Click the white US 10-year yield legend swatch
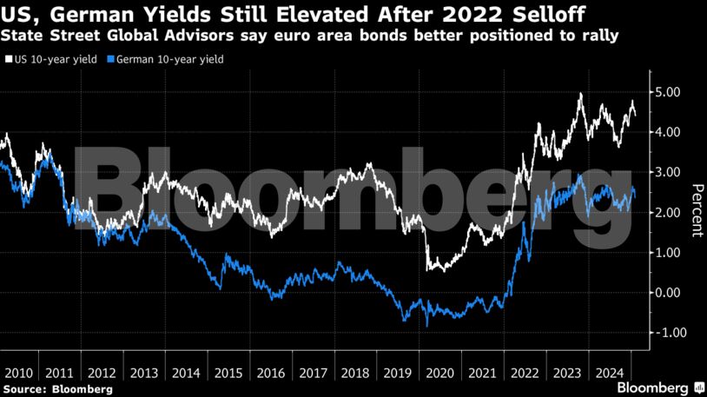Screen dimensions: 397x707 click(7, 59)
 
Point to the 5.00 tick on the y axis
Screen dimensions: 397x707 click(666, 92)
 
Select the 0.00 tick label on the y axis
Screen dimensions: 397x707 click(666, 293)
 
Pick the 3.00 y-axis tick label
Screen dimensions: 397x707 click(666, 172)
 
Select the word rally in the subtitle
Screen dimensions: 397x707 click(600, 36)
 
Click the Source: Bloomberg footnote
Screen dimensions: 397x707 click(57, 389)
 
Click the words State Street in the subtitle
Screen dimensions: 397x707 click(39, 36)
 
